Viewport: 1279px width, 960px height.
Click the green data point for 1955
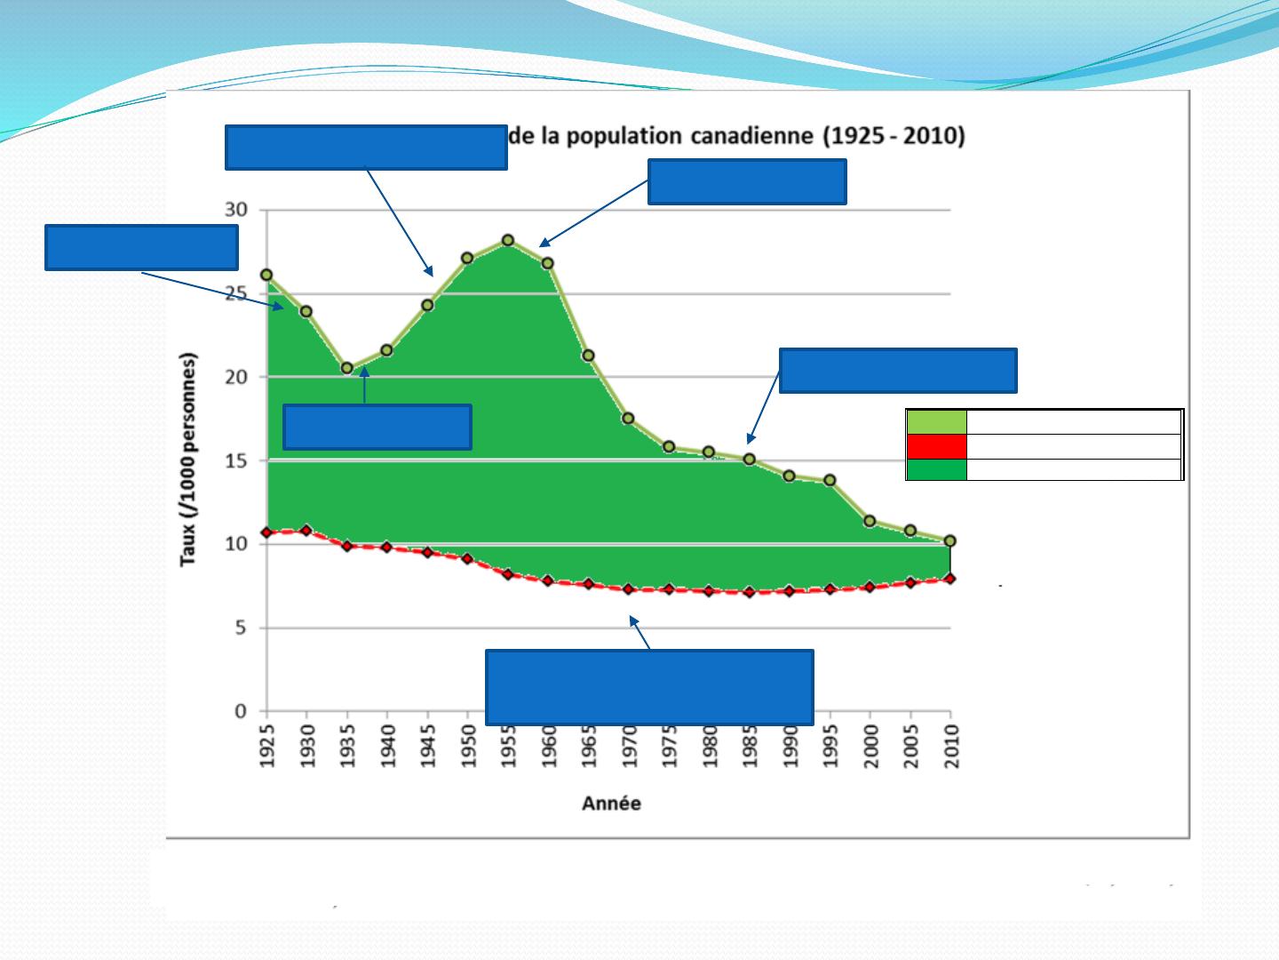508,240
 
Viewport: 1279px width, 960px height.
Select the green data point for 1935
347,368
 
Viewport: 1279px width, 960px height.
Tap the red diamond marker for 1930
306,531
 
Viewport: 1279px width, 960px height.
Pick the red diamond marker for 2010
950,579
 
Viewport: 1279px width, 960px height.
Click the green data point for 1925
266,276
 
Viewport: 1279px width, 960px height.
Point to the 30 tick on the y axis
235,211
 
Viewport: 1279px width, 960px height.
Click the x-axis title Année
611,804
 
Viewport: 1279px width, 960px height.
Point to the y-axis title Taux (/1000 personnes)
188,460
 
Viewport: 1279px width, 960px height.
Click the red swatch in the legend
936,446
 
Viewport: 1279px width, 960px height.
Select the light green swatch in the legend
936,422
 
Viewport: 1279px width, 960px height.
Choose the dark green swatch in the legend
936,469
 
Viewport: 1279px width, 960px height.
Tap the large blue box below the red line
649,687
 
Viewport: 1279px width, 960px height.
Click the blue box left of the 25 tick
141,247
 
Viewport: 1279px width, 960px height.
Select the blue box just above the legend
898,371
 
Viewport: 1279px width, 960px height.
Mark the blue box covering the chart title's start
366,147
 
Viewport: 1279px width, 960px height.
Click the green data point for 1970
628,418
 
